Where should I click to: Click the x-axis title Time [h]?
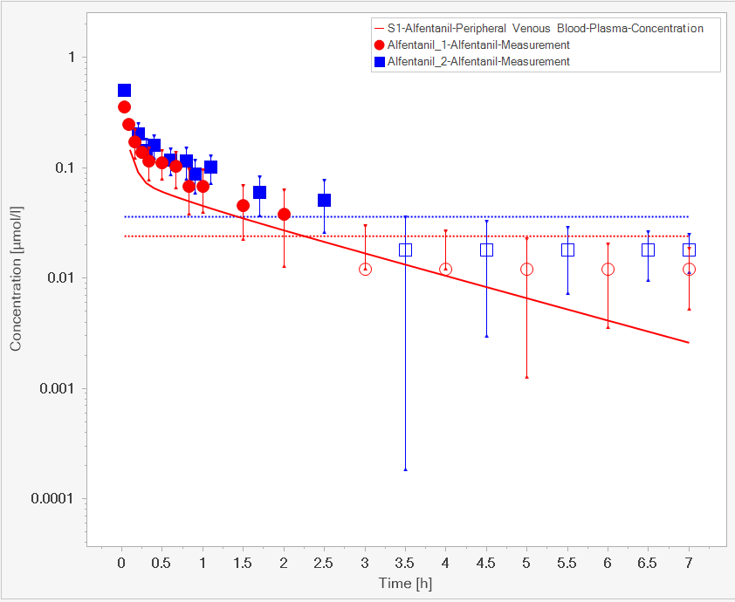coord(405,582)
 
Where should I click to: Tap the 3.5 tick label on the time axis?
coord(405,563)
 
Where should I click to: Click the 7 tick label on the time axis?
coord(689,563)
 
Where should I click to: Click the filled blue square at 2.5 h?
coord(324,200)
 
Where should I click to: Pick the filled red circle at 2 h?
coord(284,214)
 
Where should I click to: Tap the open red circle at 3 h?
coord(365,269)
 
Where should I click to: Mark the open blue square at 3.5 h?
coord(405,250)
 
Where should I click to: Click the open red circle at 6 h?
coord(608,269)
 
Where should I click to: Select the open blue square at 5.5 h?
coord(567,250)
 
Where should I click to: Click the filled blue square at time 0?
coord(124,90)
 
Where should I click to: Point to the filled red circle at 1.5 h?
coord(243,205)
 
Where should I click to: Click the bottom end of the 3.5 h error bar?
coord(405,469)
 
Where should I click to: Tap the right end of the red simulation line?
coord(689,342)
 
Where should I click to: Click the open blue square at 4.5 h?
coord(486,250)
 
